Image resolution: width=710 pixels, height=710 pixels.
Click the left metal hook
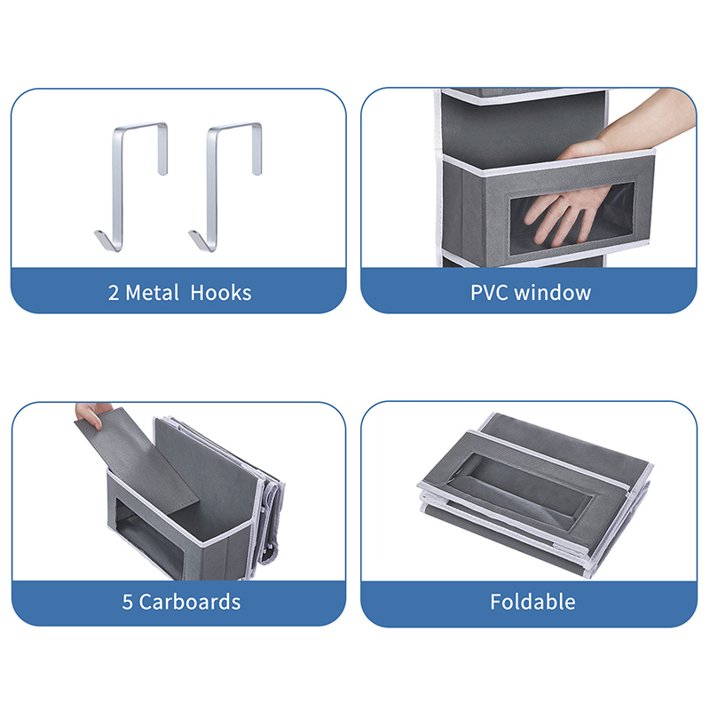point(117,190)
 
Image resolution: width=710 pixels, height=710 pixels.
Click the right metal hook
point(211,190)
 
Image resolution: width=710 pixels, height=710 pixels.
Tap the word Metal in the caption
point(152,293)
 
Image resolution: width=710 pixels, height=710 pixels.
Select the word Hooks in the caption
point(221,293)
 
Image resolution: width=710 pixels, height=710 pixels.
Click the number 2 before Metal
point(114,294)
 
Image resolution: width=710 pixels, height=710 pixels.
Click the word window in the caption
point(553,293)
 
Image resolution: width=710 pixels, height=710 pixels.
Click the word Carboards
point(190,602)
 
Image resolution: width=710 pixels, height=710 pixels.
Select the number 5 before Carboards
point(127,603)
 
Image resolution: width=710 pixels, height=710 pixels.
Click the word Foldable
point(532,602)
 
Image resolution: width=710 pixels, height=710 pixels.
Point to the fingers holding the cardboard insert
point(92,414)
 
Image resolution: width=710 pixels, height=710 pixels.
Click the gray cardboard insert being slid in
point(140,457)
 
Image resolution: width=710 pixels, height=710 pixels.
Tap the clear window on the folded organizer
point(521,491)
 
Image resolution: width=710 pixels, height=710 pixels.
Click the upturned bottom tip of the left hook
point(102,238)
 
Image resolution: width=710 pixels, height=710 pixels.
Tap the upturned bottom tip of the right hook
point(196,238)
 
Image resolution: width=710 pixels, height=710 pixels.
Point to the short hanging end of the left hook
point(163,149)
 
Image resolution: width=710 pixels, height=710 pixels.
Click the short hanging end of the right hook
point(257,149)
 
